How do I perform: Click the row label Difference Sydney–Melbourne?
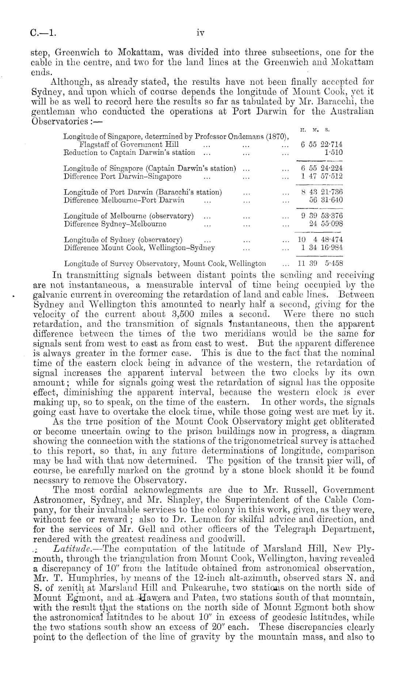[115, 224]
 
